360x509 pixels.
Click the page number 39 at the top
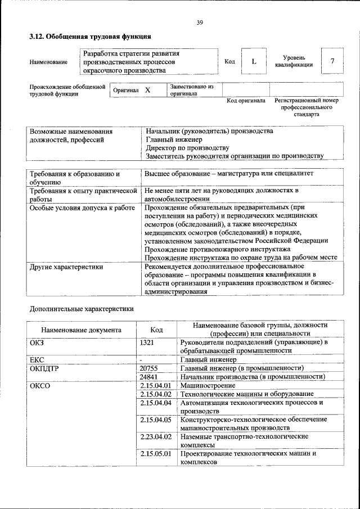(x=199, y=22)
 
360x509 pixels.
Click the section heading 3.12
(x=90, y=37)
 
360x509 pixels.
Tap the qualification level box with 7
(x=332, y=61)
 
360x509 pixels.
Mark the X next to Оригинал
(x=147, y=90)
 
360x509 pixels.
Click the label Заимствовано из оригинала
(x=192, y=91)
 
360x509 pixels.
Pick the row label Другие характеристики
(x=66, y=267)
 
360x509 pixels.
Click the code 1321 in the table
(x=147, y=341)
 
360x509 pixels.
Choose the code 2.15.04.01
(x=156, y=385)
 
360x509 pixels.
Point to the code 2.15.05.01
(x=156, y=453)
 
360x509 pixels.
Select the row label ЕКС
(x=37, y=359)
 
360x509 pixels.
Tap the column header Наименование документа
(x=81, y=330)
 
